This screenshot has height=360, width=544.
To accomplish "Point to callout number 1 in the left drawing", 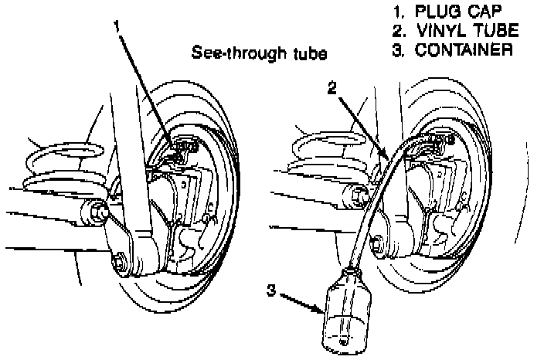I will pyautogui.click(x=117, y=25).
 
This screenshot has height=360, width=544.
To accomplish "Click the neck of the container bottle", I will pyautogui.click(x=352, y=273).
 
